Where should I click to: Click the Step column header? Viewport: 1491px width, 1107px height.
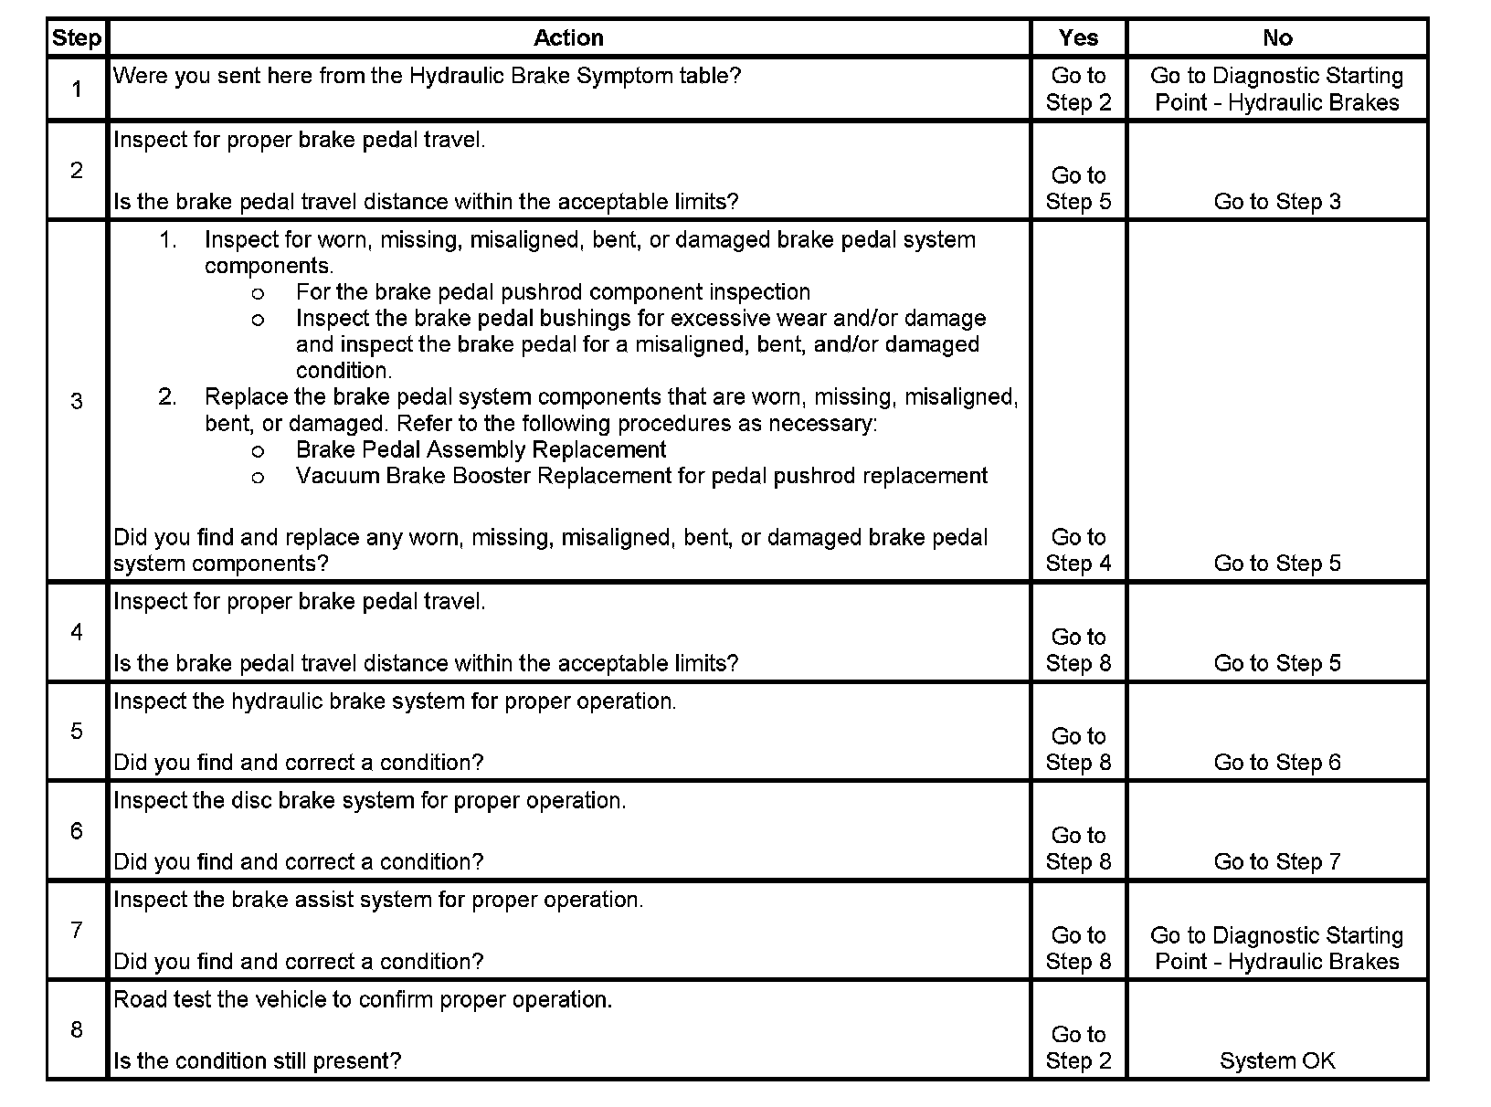tap(77, 38)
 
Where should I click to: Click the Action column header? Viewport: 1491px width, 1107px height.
tap(568, 38)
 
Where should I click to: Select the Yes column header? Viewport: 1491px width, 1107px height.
tap(1078, 38)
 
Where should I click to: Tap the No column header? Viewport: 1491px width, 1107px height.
tap(1276, 38)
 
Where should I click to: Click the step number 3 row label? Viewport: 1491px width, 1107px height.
tap(77, 401)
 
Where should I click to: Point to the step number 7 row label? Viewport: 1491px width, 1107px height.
tap(77, 930)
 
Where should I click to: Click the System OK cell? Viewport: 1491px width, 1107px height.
tap(1276, 1060)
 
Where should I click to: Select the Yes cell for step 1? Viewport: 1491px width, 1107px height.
tap(1078, 89)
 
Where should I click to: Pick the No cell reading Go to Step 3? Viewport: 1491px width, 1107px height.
tap(1276, 202)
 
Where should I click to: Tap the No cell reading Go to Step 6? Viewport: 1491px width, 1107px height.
tap(1276, 763)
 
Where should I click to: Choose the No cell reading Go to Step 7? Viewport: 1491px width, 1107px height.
tap(1276, 862)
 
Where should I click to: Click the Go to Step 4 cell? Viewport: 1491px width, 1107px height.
tap(1078, 550)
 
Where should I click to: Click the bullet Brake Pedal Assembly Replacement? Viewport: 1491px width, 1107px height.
tap(481, 450)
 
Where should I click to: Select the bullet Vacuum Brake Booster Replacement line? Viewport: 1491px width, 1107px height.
tap(641, 476)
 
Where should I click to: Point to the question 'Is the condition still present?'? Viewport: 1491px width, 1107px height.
tap(257, 1061)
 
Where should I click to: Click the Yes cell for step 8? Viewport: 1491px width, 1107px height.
tap(1078, 1048)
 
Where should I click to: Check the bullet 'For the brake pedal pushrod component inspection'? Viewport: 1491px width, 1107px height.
tap(553, 292)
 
